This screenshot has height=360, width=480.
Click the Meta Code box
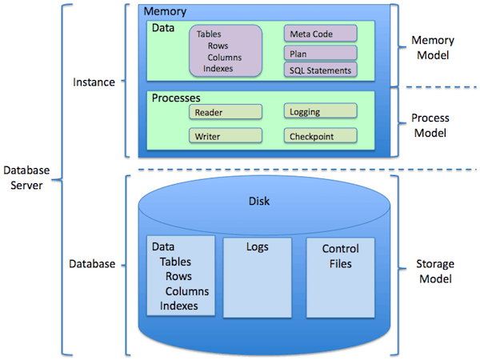click(320, 33)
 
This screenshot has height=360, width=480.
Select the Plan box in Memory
click(320, 54)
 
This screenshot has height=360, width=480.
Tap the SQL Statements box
click(320, 70)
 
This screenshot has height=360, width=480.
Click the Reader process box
click(226, 112)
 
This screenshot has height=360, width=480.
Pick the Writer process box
click(226, 136)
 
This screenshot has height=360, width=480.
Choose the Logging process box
click(320, 111)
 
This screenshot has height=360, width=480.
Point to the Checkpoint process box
click(320, 136)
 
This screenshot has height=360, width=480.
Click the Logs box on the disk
click(257, 278)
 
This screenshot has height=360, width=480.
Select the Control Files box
click(341, 278)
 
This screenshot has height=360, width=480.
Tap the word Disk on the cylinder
click(259, 201)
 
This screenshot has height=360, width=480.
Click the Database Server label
click(26, 178)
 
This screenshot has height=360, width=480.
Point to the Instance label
click(94, 82)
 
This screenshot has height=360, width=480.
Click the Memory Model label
click(433, 47)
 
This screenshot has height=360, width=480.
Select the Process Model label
click(430, 126)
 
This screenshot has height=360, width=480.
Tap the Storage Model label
click(435, 271)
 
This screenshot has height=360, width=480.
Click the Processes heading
click(176, 98)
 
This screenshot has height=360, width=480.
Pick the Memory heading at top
click(165, 11)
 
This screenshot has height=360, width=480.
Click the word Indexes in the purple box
click(218, 69)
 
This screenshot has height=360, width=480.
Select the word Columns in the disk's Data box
click(187, 291)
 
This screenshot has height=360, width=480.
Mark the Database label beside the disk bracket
click(92, 264)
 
